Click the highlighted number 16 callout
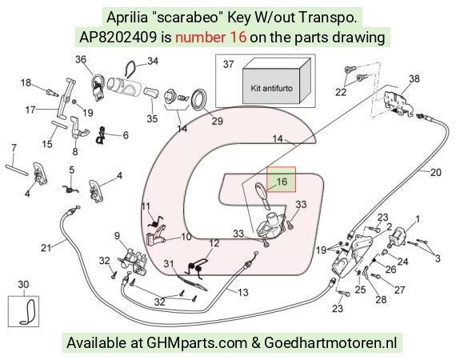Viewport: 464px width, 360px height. pos(282,181)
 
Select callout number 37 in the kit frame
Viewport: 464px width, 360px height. pos(228,64)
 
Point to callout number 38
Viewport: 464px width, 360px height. pos(414,78)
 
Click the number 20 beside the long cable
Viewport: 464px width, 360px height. pos(435,172)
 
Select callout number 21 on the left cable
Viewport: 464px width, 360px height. pos(46,247)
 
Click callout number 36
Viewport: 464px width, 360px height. pos(81,59)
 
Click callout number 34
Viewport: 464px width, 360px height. pos(153,61)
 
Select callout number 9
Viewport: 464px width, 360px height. pos(117,236)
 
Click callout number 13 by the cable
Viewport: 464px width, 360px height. pos(242,292)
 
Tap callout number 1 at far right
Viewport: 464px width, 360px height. pos(418,219)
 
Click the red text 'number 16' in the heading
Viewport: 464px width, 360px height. pos(210,38)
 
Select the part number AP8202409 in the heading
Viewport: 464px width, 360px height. pos(118,38)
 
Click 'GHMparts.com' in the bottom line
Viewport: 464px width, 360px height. pos(197,343)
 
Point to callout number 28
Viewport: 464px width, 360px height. pos(381,299)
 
